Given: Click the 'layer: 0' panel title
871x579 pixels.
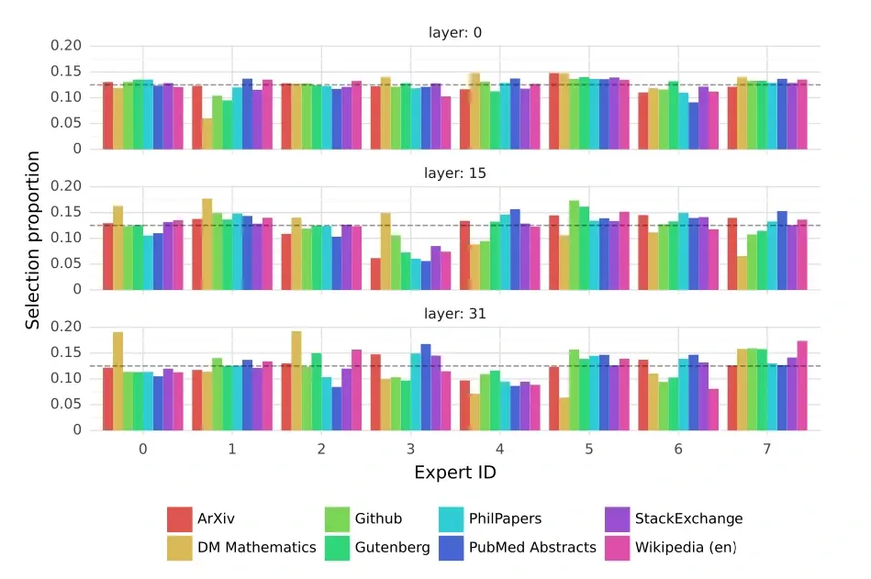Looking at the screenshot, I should tap(454, 33).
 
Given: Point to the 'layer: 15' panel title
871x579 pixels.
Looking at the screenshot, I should tap(454, 173).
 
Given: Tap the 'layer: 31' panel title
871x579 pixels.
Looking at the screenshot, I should tap(454, 314).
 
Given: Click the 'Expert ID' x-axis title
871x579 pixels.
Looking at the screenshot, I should tap(455, 473).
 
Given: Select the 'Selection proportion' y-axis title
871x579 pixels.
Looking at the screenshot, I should tap(33, 240).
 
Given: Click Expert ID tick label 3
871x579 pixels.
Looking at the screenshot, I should tap(410, 449).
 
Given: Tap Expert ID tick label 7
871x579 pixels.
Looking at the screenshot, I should tap(766, 449).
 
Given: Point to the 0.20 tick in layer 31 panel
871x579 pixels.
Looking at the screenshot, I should tap(69, 328).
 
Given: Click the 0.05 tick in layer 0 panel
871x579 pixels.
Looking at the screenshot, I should tap(69, 124).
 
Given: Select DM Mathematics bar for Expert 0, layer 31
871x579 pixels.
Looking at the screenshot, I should tap(118, 381).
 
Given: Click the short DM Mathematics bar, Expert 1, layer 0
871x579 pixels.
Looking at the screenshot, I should tap(207, 134).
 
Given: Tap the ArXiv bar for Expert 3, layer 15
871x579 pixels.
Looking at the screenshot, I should tap(375, 274).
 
